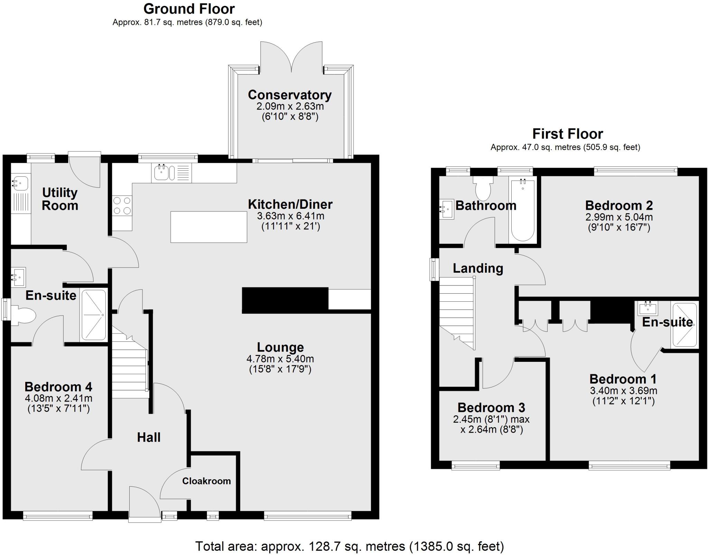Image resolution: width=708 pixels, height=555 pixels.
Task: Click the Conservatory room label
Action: point(290,95)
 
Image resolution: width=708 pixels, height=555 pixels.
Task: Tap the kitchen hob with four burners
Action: point(122,206)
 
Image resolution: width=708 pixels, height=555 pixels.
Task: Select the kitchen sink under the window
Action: point(161,173)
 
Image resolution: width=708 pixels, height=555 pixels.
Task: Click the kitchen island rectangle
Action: point(209,227)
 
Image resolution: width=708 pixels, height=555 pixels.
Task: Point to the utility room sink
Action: point(20,183)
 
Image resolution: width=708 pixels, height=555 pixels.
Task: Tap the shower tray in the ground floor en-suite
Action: point(93,315)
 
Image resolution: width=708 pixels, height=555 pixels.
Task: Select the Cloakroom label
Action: point(206,481)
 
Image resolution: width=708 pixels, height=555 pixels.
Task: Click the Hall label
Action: point(149,437)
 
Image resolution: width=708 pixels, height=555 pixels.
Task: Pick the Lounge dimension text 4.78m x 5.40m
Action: point(280,359)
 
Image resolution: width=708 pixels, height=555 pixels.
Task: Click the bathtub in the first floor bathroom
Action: point(522,209)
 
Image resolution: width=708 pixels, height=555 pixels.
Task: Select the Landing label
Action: point(478,268)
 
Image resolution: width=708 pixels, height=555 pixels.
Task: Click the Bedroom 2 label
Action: point(619,205)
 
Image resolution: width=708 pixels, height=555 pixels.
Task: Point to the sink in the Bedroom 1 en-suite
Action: point(648,308)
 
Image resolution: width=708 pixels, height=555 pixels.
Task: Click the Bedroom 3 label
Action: point(491,407)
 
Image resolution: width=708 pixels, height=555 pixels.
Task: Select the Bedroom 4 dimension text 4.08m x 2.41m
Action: point(58,398)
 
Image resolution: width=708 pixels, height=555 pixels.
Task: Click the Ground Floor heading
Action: point(189,9)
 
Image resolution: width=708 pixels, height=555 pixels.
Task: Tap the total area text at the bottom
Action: point(350,546)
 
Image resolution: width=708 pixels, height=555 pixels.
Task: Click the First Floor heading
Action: point(568,134)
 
